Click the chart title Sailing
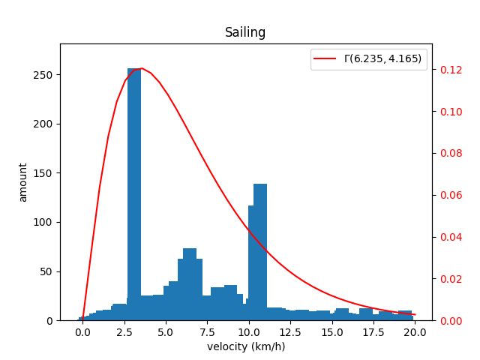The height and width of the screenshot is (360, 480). (245, 32)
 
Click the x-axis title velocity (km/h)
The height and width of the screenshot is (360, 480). (245, 346)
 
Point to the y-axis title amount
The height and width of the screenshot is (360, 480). (23, 182)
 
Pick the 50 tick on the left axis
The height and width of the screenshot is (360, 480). (46, 271)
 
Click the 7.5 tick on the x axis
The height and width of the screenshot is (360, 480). (208, 331)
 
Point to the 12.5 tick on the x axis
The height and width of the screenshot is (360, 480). (290, 331)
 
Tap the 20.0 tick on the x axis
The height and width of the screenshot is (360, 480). (415, 331)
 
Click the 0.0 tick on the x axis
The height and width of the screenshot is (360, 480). (83, 331)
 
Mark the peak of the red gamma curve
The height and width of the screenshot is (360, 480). (141, 68)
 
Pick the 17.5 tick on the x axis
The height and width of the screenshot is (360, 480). (373, 331)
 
